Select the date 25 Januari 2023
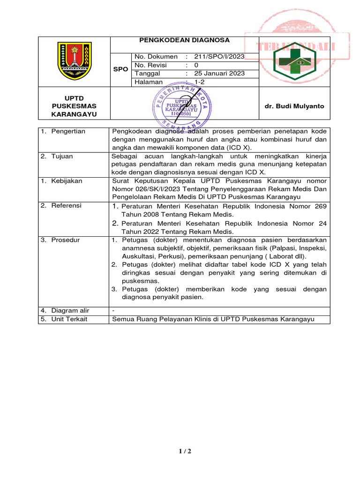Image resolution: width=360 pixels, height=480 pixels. click(x=219, y=74)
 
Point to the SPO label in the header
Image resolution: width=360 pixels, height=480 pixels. click(x=120, y=69)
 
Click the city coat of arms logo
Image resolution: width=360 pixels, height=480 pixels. click(x=74, y=61)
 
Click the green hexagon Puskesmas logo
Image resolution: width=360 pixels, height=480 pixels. click(x=295, y=61)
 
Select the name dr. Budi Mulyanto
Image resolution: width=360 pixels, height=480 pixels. click(x=294, y=106)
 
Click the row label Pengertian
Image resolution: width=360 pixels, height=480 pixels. click(x=68, y=131)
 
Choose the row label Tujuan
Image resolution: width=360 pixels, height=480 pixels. click(x=62, y=157)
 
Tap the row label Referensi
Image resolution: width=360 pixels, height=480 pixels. click(x=67, y=206)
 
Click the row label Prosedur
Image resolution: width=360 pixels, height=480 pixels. click(x=66, y=240)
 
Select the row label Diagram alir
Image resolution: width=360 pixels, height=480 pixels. click(x=70, y=310)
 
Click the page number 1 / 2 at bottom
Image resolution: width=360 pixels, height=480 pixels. click(x=185, y=451)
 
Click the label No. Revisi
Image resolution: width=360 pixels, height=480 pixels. click(x=150, y=65)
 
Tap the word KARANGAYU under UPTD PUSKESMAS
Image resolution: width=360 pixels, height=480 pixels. click(x=74, y=114)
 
